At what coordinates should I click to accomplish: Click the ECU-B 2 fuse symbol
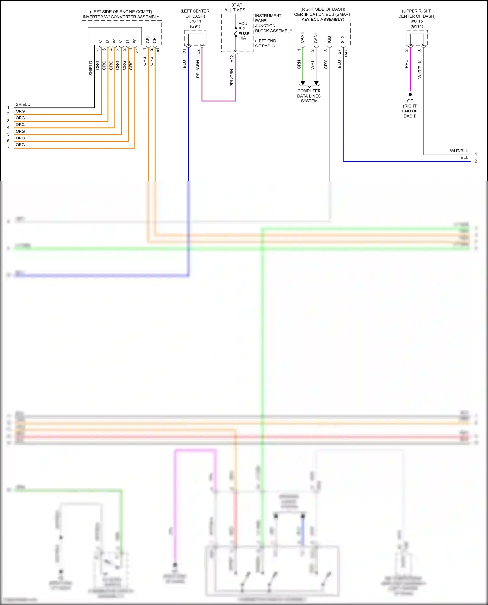[236, 32]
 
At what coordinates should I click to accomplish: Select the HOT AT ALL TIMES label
[235, 7]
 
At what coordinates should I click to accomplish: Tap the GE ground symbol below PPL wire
[410, 95]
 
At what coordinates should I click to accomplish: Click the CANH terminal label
[302, 37]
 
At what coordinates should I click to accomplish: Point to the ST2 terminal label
[343, 39]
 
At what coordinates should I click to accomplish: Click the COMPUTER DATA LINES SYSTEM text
[309, 96]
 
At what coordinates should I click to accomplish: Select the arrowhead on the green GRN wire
[303, 83]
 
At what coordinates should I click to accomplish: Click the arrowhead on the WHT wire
[316, 83]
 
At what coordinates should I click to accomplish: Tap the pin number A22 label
[232, 59]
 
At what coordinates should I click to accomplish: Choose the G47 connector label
[346, 53]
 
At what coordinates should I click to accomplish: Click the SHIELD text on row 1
[23, 104]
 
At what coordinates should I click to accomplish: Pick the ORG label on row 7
[20, 145]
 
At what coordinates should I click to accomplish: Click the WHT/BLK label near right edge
[459, 151]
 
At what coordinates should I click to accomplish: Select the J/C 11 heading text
[195, 21]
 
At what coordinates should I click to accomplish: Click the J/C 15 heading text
[417, 21]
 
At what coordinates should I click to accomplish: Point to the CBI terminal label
[148, 40]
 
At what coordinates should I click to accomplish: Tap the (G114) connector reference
[417, 26]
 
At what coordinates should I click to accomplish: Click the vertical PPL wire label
[406, 64]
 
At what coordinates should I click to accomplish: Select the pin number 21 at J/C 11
[185, 51]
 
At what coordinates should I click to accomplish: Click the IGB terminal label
[329, 39]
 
